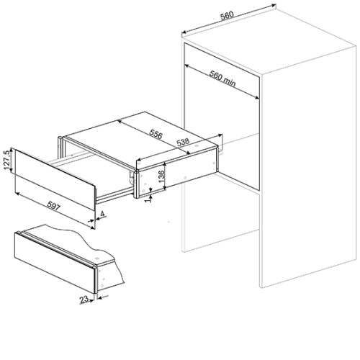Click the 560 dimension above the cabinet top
[227, 15]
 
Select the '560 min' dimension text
[222, 78]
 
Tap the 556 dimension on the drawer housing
[156, 134]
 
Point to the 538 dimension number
[183, 143]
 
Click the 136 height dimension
[161, 176]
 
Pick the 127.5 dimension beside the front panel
[7, 160]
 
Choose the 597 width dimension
[53, 206]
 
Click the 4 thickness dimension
[103, 214]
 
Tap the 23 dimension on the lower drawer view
[84, 300]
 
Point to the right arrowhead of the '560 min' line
[256, 96]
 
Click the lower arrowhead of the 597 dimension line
[92, 228]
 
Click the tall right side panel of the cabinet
[309, 167]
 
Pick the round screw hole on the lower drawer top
[97, 258]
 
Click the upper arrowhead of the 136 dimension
[165, 164]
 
